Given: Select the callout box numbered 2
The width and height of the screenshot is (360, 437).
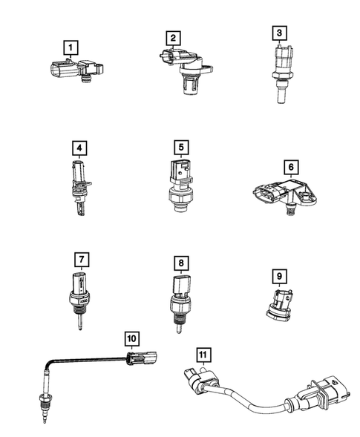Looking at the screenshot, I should coord(172,37).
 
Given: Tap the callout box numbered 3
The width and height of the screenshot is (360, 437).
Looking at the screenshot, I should coord(279,33).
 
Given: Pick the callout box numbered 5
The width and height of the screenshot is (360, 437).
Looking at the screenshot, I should coord(179,146).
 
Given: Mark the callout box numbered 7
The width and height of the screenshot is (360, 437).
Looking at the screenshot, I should coord(81,260).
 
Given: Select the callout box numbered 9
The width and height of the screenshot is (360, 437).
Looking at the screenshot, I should coord(278,277).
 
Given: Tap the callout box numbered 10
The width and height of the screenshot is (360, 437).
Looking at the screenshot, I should coord(131,338).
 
